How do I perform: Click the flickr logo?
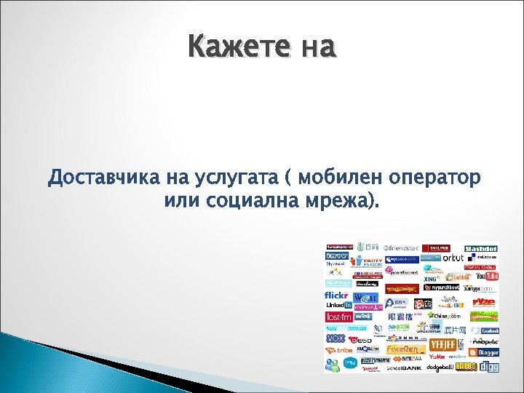pos(337,295)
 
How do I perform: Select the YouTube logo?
pos(487,277)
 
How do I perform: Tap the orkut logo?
pos(453,258)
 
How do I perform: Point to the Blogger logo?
pos(484,353)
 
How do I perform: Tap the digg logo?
pos(488,367)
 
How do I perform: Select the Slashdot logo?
pos(481,248)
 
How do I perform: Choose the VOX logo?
pos(336,338)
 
